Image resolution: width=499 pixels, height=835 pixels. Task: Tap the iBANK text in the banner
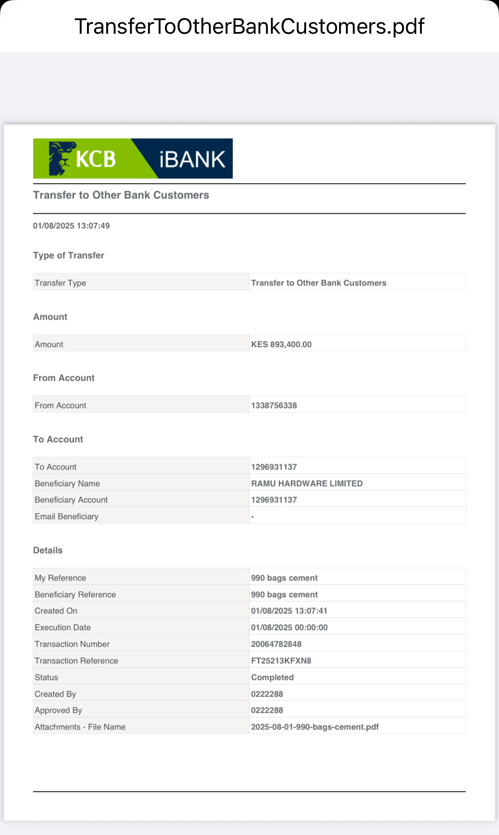pos(192,159)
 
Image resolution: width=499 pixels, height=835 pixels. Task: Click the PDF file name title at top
pos(249,26)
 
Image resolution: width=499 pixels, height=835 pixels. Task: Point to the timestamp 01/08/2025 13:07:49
pos(71,226)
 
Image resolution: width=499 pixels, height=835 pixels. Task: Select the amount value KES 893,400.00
pos(281,345)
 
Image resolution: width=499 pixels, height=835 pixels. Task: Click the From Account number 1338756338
pos(274,406)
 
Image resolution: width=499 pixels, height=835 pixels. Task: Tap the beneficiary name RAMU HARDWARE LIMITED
pos(307,483)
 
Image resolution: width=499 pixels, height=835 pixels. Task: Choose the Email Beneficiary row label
pos(67,517)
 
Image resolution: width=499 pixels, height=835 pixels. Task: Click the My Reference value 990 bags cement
pos(284,578)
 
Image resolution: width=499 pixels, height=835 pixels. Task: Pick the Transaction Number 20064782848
pos(276,644)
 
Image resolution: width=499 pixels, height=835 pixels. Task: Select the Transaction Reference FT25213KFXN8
pos(281,661)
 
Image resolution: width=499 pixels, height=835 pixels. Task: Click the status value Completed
pos(272,677)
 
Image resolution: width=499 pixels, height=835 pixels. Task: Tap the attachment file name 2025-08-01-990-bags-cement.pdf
pos(315,727)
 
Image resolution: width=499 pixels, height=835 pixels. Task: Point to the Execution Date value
pos(289,628)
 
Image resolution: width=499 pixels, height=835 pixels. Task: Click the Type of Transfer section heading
pos(69,255)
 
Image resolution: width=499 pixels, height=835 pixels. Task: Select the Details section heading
pos(48,550)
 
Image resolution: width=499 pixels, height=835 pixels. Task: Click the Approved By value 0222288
pos(267,710)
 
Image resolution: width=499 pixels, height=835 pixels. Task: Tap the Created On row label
pos(56,611)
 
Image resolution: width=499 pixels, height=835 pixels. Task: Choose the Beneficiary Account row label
pos(71,500)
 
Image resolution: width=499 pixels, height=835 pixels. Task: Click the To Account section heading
pos(58,439)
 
